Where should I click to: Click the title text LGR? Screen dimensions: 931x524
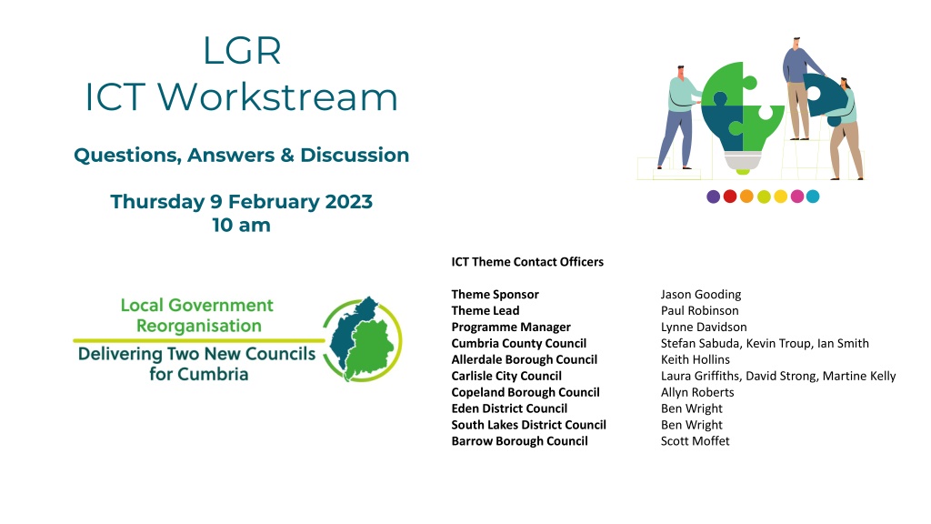(242, 51)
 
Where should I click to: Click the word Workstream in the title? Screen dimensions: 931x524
(277, 96)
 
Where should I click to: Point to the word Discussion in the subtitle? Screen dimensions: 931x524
(355, 155)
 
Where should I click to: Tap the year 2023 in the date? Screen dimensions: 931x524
(348, 201)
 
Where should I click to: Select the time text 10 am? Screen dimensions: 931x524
(241, 226)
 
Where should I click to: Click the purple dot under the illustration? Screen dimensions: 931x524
(713, 196)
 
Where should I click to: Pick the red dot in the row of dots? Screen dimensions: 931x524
(730, 196)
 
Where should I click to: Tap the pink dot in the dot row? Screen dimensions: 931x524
(796, 196)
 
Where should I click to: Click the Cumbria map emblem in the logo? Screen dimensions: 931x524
(362, 339)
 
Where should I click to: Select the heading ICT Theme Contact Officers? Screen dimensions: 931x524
(527, 262)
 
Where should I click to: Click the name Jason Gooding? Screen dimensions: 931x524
(701, 295)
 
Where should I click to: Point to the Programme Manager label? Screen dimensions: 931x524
(511, 327)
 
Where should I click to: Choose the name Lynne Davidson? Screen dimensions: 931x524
(704, 327)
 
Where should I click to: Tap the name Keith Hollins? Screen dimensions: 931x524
(696, 360)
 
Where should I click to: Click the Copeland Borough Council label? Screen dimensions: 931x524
(526, 393)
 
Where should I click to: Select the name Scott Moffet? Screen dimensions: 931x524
(696, 441)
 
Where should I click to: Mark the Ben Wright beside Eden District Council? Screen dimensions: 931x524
(692, 408)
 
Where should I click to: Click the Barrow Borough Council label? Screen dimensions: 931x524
(519, 441)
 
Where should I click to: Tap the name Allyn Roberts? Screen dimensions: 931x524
(697, 393)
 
